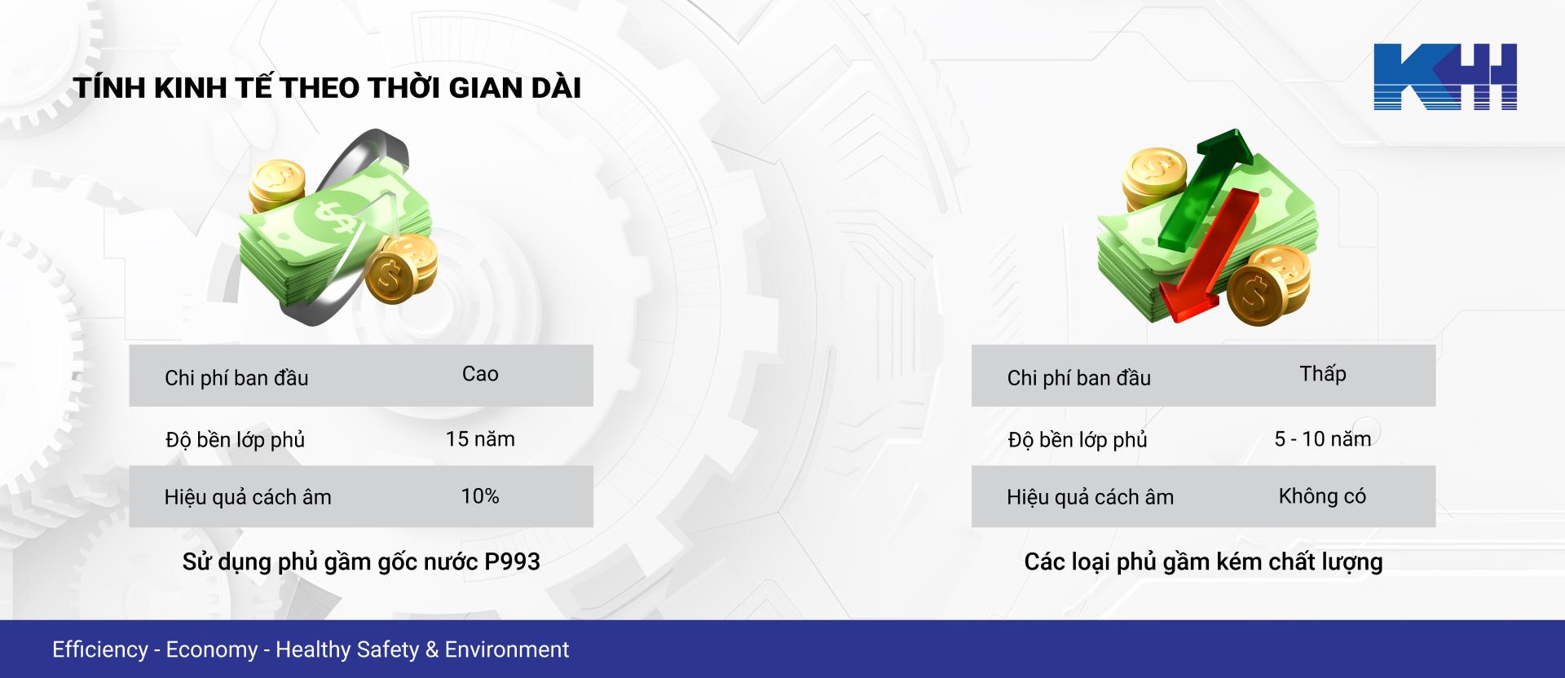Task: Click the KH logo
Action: (1444, 77)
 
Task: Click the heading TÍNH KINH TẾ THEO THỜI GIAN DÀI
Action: (328, 88)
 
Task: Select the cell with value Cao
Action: (480, 374)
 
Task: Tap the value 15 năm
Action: (480, 439)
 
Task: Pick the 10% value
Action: (480, 496)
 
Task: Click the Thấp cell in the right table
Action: (1322, 374)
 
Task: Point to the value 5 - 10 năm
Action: (1322, 439)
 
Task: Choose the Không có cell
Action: (1322, 496)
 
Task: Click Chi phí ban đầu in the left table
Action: (236, 378)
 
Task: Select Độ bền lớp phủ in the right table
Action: (1078, 440)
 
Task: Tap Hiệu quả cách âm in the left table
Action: (248, 497)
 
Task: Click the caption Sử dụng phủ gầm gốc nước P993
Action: (361, 562)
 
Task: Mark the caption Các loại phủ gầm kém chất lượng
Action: (1203, 562)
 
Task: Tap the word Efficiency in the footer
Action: (100, 649)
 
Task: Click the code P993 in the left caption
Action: (512, 561)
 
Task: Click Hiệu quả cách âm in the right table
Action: (1090, 497)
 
